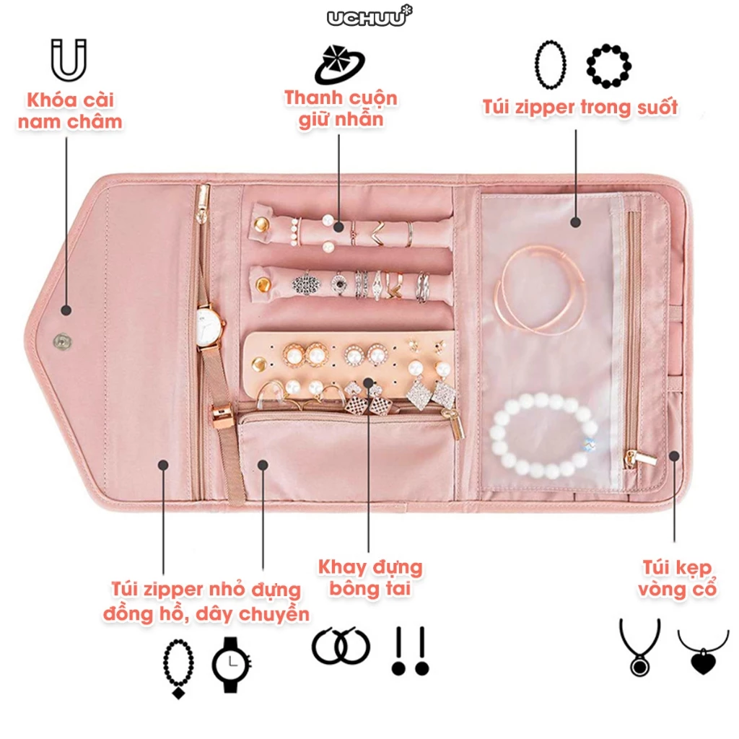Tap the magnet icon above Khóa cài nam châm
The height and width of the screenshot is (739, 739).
pos(69,60)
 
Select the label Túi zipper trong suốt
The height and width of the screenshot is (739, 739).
pos(580,108)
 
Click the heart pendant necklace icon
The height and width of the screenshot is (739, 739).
pos(703,650)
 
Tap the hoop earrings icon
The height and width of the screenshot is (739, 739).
pos(341,646)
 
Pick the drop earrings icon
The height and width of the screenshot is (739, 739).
pos(410,650)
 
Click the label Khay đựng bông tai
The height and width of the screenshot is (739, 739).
pos(370,577)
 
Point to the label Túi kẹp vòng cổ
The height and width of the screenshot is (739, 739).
pos(676,577)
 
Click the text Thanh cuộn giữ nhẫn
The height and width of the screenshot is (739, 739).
pos(341,108)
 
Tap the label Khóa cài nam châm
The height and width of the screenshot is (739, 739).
pos(70,110)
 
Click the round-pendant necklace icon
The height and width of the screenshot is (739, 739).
pos(639,647)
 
